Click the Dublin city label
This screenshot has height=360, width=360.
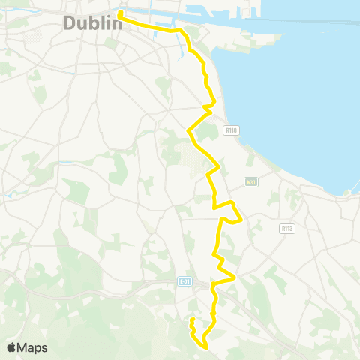(92, 23)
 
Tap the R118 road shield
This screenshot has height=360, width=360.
(230, 130)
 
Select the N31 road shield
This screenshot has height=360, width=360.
(251, 182)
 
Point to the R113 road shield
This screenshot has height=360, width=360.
(286, 229)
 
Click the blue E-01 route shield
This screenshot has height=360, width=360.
(185, 281)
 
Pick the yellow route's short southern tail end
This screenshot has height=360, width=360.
(192, 319)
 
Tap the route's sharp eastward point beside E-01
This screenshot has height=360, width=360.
(235, 277)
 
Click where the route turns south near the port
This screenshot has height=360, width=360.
(182, 31)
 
